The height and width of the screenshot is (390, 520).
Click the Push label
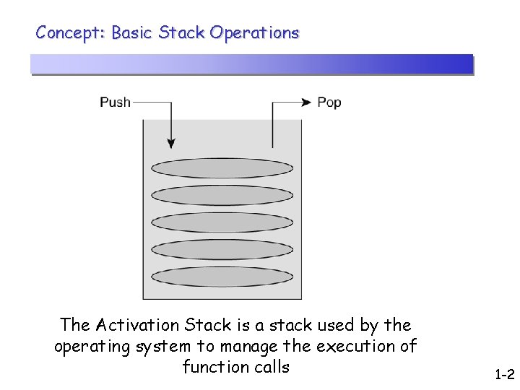115,102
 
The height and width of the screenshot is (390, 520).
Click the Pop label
329,102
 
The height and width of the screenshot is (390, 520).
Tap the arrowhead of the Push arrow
171,143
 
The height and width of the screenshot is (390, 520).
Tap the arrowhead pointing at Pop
308,102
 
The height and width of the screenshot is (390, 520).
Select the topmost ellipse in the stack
222,168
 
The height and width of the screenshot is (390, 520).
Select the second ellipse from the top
222,195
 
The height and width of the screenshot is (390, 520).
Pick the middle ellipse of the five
222,222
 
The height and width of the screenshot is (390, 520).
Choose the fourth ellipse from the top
222,250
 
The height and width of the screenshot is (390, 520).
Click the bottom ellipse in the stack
222,277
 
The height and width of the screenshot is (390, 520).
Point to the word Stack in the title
182,32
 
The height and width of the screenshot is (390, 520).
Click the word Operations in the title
254,32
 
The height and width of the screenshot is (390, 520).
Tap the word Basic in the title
132,32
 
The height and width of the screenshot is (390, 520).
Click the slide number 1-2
504,375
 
